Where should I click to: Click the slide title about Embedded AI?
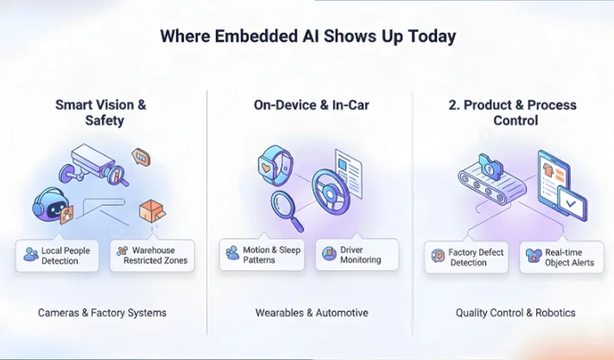coord(307,37)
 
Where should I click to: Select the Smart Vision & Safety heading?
coord(101,112)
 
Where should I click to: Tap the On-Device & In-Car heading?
coord(308,105)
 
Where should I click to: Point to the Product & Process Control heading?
coord(511,112)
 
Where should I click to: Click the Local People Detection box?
coord(58,255)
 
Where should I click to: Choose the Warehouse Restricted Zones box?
coord(151,255)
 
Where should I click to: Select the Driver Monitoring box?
coord(356,254)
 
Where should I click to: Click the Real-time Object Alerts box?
coord(560,257)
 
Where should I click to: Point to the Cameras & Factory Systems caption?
coord(102,312)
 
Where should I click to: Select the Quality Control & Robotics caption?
coord(515,312)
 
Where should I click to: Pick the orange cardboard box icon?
coord(152,211)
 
